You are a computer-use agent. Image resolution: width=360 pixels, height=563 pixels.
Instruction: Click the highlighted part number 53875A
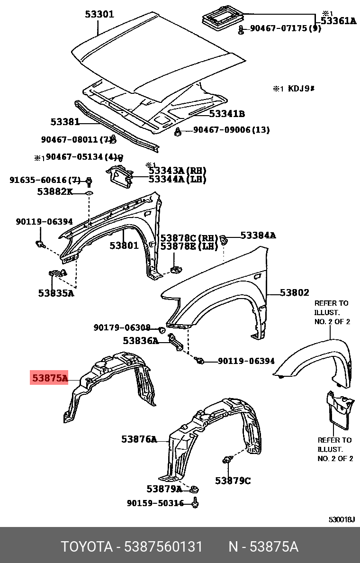pyautogui.click(x=50, y=378)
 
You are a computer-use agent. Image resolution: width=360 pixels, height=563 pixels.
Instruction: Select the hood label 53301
pyautogui.click(x=99, y=14)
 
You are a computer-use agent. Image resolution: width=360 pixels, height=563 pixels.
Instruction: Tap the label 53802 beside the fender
pyautogui.click(x=294, y=293)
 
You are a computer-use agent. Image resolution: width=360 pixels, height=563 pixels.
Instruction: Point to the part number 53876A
pyautogui.click(x=139, y=439)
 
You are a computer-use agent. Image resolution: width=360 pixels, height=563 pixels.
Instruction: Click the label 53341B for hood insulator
pyautogui.click(x=227, y=114)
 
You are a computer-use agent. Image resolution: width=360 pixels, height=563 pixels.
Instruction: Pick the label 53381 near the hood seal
pyautogui.click(x=65, y=122)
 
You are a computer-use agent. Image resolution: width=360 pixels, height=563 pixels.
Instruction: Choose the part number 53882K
pyautogui.click(x=55, y=191)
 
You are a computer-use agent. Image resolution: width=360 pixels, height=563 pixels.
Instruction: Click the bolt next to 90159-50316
pyautogui.click(x=195, y=503)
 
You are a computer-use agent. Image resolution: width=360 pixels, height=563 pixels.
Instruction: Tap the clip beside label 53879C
pyautogui.click(x=227, y=460)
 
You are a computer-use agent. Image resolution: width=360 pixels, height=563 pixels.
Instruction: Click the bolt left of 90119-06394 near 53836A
pyautogui.click(x=200, y=361)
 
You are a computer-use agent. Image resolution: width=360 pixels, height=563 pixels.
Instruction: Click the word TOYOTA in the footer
pyautogui.click(x=86, y=547)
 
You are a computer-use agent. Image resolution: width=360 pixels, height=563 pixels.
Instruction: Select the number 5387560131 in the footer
pyautogui.click(x=163, y=547)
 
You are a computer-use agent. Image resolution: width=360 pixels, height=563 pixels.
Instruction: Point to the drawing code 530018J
pyautogui.click(x=342, y=519)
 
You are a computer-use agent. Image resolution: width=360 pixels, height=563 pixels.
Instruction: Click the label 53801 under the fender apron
pyautogui.click(x=124, y=245)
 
